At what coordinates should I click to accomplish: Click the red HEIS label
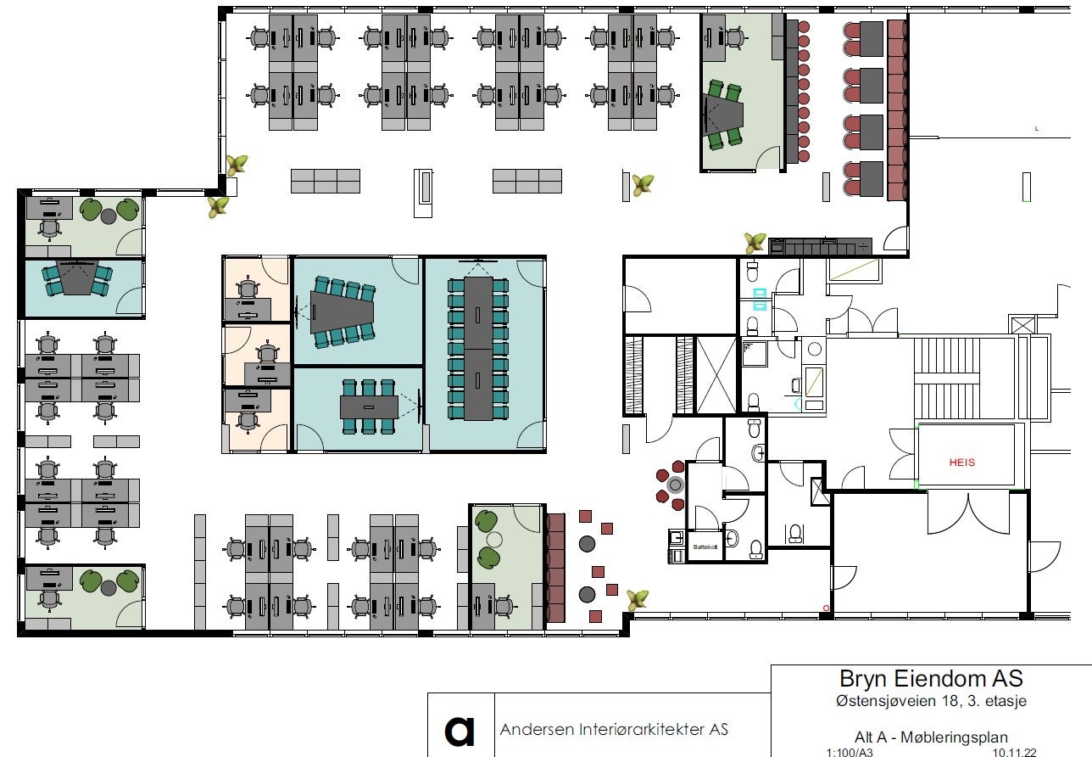[962, 463]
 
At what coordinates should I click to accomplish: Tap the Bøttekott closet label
[705, 547]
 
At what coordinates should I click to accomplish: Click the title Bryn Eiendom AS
[931, 679]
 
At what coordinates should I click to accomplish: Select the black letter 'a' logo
[460, 729]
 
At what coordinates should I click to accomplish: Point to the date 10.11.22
[1013, 752]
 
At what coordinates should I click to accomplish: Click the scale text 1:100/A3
[850, 752]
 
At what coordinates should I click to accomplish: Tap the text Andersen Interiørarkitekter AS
[614, 729]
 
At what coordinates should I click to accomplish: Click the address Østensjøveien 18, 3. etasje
[931, 701]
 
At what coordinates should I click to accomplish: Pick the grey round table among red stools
[675, 485]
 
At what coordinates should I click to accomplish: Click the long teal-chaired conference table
[478, 349]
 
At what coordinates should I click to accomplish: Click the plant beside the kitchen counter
[755, 243]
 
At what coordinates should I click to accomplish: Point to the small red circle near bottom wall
[826, 607]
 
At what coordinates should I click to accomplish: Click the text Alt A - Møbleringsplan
[931, 737]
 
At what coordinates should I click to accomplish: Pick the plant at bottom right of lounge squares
[637, 600]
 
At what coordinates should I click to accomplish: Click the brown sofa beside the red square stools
[555, 567]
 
